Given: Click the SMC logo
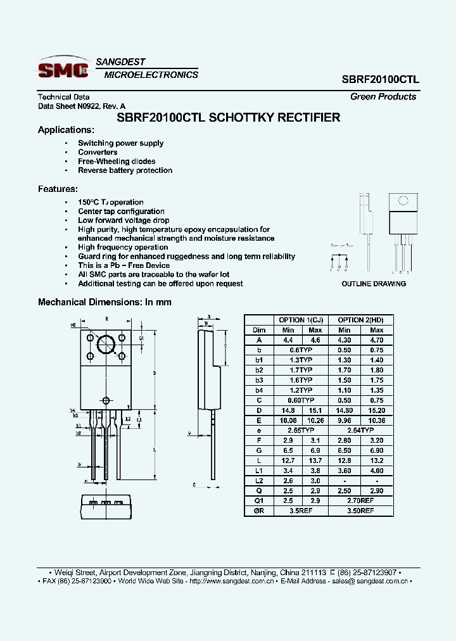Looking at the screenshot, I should (63, 68).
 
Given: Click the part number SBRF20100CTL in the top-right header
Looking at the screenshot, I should (380, 80).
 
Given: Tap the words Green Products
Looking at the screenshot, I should (383, 97).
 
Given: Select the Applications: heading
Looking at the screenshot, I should (66, 130).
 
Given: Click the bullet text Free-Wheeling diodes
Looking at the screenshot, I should (117, 162).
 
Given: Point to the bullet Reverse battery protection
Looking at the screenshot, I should (125, 170).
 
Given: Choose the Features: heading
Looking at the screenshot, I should (58, 189).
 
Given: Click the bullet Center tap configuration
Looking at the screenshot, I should (121, 212).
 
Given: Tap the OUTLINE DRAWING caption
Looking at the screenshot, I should (374, 284).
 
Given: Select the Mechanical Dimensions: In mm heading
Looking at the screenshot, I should (104, 302).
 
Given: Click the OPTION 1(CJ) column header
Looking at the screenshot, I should (301, 320).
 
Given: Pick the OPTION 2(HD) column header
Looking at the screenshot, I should (360, 320).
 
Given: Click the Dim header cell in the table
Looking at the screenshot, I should (259, 330).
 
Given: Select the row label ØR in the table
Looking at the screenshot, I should (259, 511).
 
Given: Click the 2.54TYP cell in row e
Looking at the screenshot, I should (360, 430).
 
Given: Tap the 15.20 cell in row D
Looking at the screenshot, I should (376, 410).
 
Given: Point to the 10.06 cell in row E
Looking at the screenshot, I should (287, 420).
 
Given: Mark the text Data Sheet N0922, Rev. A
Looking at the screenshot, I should (82, 106).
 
